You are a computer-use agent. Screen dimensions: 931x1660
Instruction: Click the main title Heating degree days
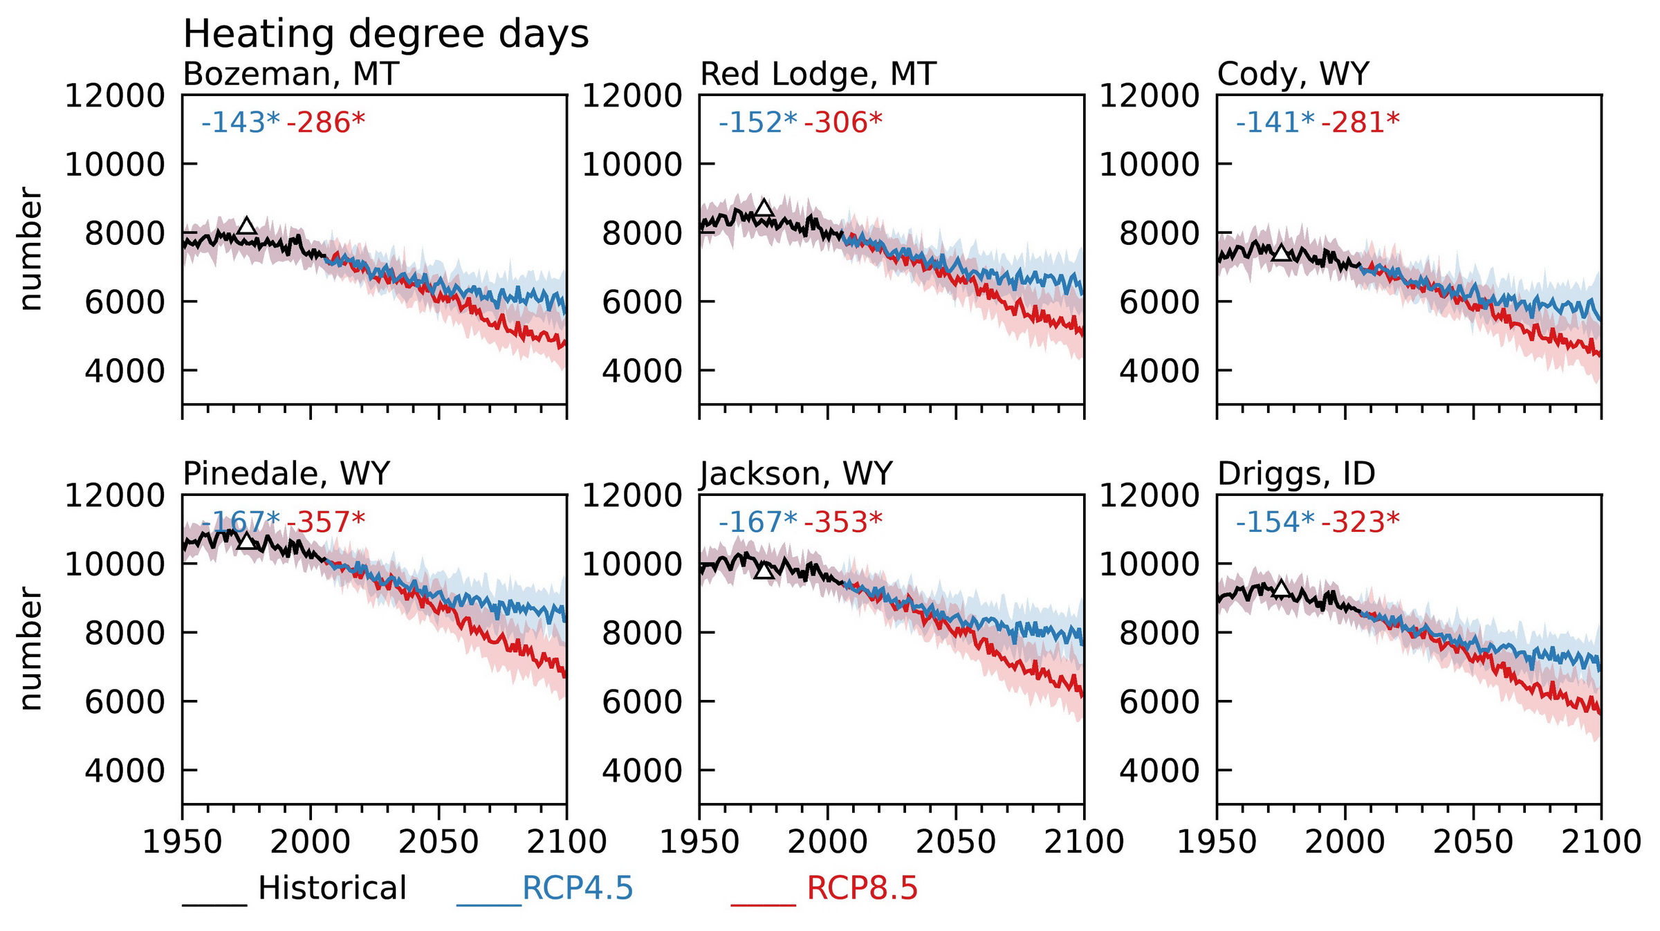pos(385,34)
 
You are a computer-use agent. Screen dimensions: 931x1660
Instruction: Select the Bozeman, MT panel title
pos(290,74)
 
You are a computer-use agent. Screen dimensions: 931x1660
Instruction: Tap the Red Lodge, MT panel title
pos(818,74)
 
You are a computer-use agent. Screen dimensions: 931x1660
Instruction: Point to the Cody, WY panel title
pos(1293,74)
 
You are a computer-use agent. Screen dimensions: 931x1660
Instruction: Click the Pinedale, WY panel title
pos(286,474)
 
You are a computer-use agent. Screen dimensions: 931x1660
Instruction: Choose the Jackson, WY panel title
pos(796,474)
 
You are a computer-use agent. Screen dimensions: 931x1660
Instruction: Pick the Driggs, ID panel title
pos(1296,474)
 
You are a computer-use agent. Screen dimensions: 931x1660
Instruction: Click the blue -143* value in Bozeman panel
pos(241,122)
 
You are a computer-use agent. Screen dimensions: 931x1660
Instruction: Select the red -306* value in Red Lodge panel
pos(843,122)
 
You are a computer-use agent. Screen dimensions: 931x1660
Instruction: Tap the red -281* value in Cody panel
pos(1360,122)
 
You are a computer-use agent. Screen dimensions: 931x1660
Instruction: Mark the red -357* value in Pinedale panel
pos(326,522)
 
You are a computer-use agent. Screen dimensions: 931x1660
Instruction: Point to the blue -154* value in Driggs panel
pos(1275,522)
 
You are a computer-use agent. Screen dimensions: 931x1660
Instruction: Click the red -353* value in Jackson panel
pos(843,522)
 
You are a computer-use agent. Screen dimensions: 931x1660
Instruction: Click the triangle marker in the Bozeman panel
pos(247,227)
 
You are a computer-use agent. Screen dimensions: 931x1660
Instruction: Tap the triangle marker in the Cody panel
pos(1282,253)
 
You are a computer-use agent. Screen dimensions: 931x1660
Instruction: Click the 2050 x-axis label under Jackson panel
pos(956,842)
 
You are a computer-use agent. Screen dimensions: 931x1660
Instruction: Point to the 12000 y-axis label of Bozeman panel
pos(115,95)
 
